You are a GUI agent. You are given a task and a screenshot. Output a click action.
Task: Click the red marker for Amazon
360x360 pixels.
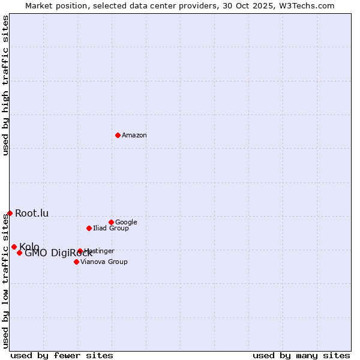[118, 135]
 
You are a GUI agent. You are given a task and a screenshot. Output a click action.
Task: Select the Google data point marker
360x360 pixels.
[111, 222]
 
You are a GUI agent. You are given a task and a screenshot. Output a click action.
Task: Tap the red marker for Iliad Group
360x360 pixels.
[89, 228]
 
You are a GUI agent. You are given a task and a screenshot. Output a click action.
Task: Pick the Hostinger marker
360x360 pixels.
[80, 251]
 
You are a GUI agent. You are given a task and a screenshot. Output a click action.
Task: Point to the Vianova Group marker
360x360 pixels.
[76, 262]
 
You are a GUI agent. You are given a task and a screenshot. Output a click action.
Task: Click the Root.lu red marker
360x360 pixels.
[10, 213]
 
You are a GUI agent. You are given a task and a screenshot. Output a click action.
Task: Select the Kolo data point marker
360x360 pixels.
[14, 247]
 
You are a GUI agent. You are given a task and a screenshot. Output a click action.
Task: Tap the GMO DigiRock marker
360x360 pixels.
[19, 253]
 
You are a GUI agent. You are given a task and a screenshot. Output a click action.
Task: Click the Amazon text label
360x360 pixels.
[134, 136]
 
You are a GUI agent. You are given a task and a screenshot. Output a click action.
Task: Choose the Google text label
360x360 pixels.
[126, 223]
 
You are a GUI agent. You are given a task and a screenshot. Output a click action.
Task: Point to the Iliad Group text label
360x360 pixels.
[111, 229]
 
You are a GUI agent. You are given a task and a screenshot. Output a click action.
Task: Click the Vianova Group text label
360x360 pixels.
[104, 262]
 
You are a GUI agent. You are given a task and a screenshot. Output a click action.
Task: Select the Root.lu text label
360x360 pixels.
[32, 214]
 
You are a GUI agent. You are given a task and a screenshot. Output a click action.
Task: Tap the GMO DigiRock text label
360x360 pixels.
[59, 253]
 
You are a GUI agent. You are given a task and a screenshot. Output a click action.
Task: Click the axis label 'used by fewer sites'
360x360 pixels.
[62, 355]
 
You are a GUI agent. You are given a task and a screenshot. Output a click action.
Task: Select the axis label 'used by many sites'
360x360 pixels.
[301, 355]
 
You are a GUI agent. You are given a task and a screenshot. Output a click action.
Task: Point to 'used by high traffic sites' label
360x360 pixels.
[5, 85]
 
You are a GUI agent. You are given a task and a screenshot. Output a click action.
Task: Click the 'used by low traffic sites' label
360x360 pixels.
[5, 281]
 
